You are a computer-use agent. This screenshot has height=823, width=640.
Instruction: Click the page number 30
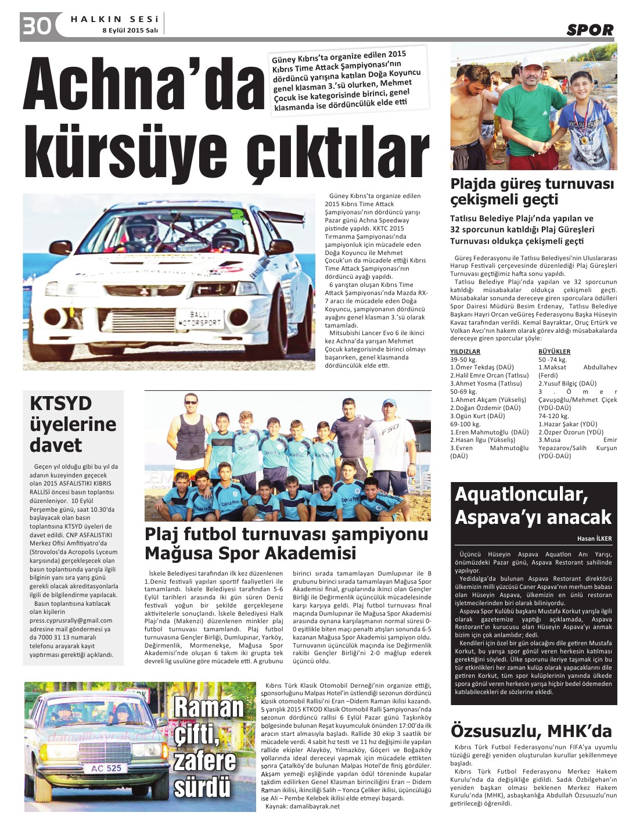pos(37,26)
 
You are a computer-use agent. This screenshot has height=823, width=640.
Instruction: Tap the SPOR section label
pos(589,30)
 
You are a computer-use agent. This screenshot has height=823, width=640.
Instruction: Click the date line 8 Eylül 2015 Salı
pos(130,30)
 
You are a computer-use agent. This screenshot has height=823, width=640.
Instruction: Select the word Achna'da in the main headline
pos(143,86)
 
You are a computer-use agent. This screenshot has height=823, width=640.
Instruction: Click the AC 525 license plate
pos(106,768)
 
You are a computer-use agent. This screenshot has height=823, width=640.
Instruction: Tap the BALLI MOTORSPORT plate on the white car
pos(199,318)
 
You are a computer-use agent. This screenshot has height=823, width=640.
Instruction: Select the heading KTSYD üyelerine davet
pos(73,424)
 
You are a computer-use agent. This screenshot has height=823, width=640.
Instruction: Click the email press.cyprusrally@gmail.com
pos(71,620)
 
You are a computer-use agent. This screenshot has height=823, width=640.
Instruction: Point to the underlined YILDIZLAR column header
pos(465,351)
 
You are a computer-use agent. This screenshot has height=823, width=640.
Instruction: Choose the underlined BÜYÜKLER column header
pos(554,351)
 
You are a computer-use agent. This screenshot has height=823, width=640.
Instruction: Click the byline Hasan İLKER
pos(594,538)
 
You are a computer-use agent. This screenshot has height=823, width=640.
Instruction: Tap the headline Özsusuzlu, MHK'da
pos(531,730)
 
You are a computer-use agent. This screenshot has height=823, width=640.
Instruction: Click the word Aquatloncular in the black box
pos(521,494)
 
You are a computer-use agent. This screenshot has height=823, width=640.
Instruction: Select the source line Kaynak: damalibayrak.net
pos(302,806)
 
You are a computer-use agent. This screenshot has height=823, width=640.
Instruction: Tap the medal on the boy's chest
pos(584,140)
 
